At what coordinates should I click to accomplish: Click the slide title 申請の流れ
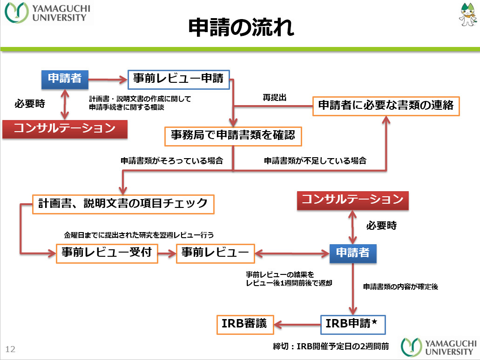241,28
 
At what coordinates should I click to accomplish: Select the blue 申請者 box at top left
65,79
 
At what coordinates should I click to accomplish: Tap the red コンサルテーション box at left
65,128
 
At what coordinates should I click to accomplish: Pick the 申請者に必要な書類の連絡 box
385,106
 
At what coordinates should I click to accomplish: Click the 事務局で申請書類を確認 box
233,135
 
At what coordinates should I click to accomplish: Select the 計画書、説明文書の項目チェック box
123,204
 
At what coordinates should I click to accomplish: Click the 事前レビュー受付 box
106,253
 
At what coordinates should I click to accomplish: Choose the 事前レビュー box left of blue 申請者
215,253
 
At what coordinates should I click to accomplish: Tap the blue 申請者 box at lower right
353,253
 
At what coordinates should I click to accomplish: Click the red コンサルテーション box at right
352,200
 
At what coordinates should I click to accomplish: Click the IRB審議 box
245,324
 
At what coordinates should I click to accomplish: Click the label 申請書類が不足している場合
315,161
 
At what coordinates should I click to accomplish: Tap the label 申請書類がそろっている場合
172,161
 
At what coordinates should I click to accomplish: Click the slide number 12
10,349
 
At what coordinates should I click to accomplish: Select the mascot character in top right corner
466,16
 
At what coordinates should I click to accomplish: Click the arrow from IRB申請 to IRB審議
297,324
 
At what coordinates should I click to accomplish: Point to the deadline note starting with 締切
331,347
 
